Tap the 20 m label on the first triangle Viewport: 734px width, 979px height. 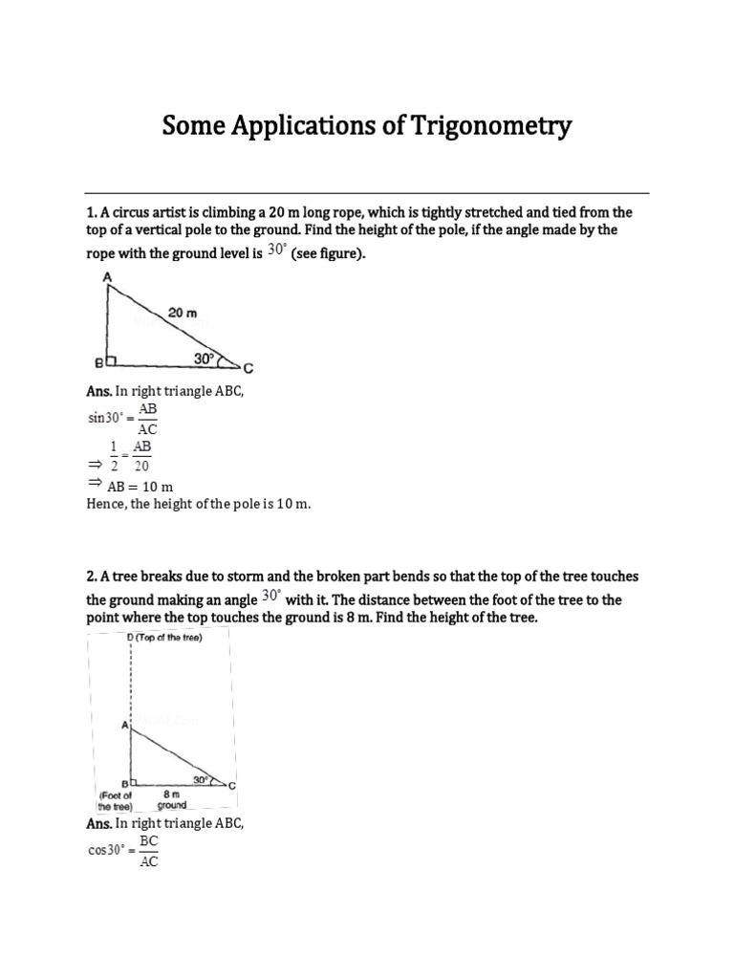click(183, 312)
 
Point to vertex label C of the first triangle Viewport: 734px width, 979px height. click(248, 368)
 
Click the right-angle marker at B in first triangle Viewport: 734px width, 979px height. click(112, 362)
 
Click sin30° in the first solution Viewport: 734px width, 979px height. click(107, 417)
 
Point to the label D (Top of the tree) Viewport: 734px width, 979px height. click(163, 638)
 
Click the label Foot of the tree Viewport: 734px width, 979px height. click(115, 800)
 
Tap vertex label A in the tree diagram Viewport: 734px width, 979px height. click(123, 726)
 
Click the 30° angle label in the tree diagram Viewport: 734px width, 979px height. click(199, 779)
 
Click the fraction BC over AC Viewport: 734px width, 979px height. click(148, 852)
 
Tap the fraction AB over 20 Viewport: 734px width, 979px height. click(141, 456)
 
